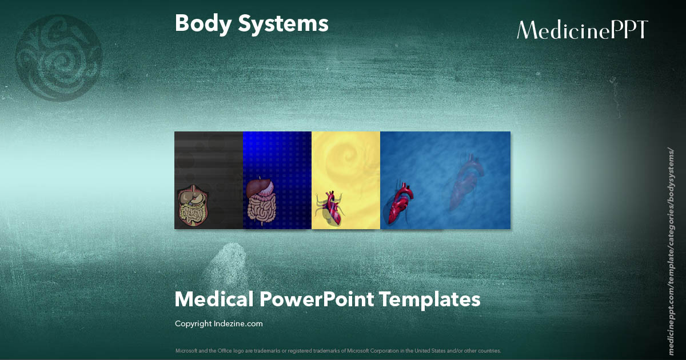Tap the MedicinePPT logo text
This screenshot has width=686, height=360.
pyautogui.click(x=582, y=30)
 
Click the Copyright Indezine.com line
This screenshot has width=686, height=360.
pyautogui.click(x=218, y=324)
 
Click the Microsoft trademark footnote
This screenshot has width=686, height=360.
pyautogui.click(x=338, y=350)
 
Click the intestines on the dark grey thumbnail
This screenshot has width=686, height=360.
pyautogui.click(x=192, y=209)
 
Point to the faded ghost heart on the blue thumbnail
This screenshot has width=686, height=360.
pyautogui.click(x=466, y=183)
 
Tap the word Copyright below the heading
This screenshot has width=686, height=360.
pyautogui.click(x=193, y=324)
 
